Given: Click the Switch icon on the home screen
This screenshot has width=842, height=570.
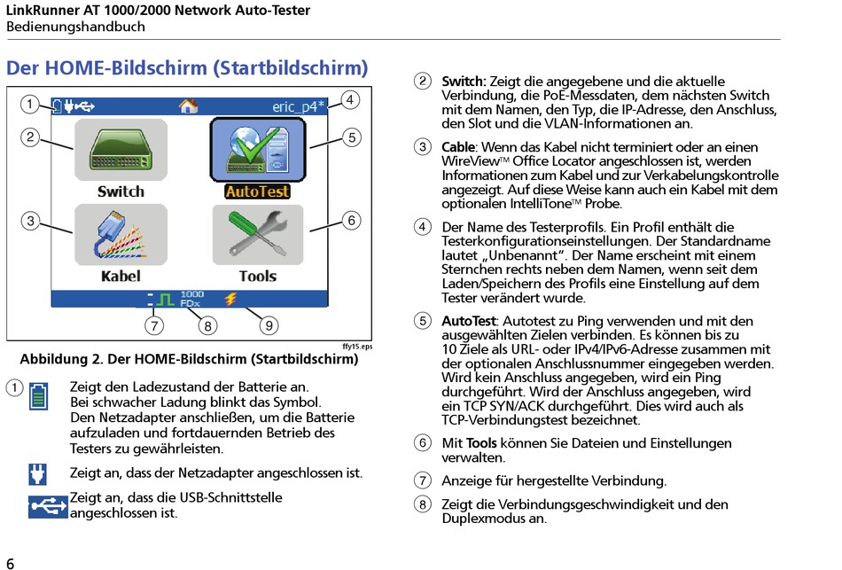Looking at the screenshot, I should point(121,149).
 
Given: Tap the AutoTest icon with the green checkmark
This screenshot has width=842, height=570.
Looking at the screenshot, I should point(257,149).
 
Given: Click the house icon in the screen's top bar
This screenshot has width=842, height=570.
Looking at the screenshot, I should point(188,106).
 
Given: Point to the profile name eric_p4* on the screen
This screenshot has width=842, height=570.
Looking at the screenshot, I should point(298,106).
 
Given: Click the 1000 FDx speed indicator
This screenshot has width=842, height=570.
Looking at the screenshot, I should point(191,299).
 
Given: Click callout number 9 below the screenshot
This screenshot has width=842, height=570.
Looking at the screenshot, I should point(269,325).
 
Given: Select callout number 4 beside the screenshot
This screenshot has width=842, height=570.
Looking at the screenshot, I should point(350,99).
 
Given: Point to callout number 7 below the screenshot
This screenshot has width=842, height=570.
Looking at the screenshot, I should point(154,325).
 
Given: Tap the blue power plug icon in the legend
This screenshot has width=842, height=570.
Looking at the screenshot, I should point(37,474).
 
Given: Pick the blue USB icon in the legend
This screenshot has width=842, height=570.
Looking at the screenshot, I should point(48,506).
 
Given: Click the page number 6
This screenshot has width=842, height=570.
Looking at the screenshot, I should point(11,563).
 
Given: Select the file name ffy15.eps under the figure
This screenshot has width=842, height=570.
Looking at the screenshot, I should point(356,347).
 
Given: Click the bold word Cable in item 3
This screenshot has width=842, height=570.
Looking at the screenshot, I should point(459,146).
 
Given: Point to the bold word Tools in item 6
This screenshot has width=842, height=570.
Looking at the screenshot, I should point(481,443).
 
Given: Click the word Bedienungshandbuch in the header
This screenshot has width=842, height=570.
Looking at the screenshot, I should point(75,27).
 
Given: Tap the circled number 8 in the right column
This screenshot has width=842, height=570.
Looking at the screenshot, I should point(424,505).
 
